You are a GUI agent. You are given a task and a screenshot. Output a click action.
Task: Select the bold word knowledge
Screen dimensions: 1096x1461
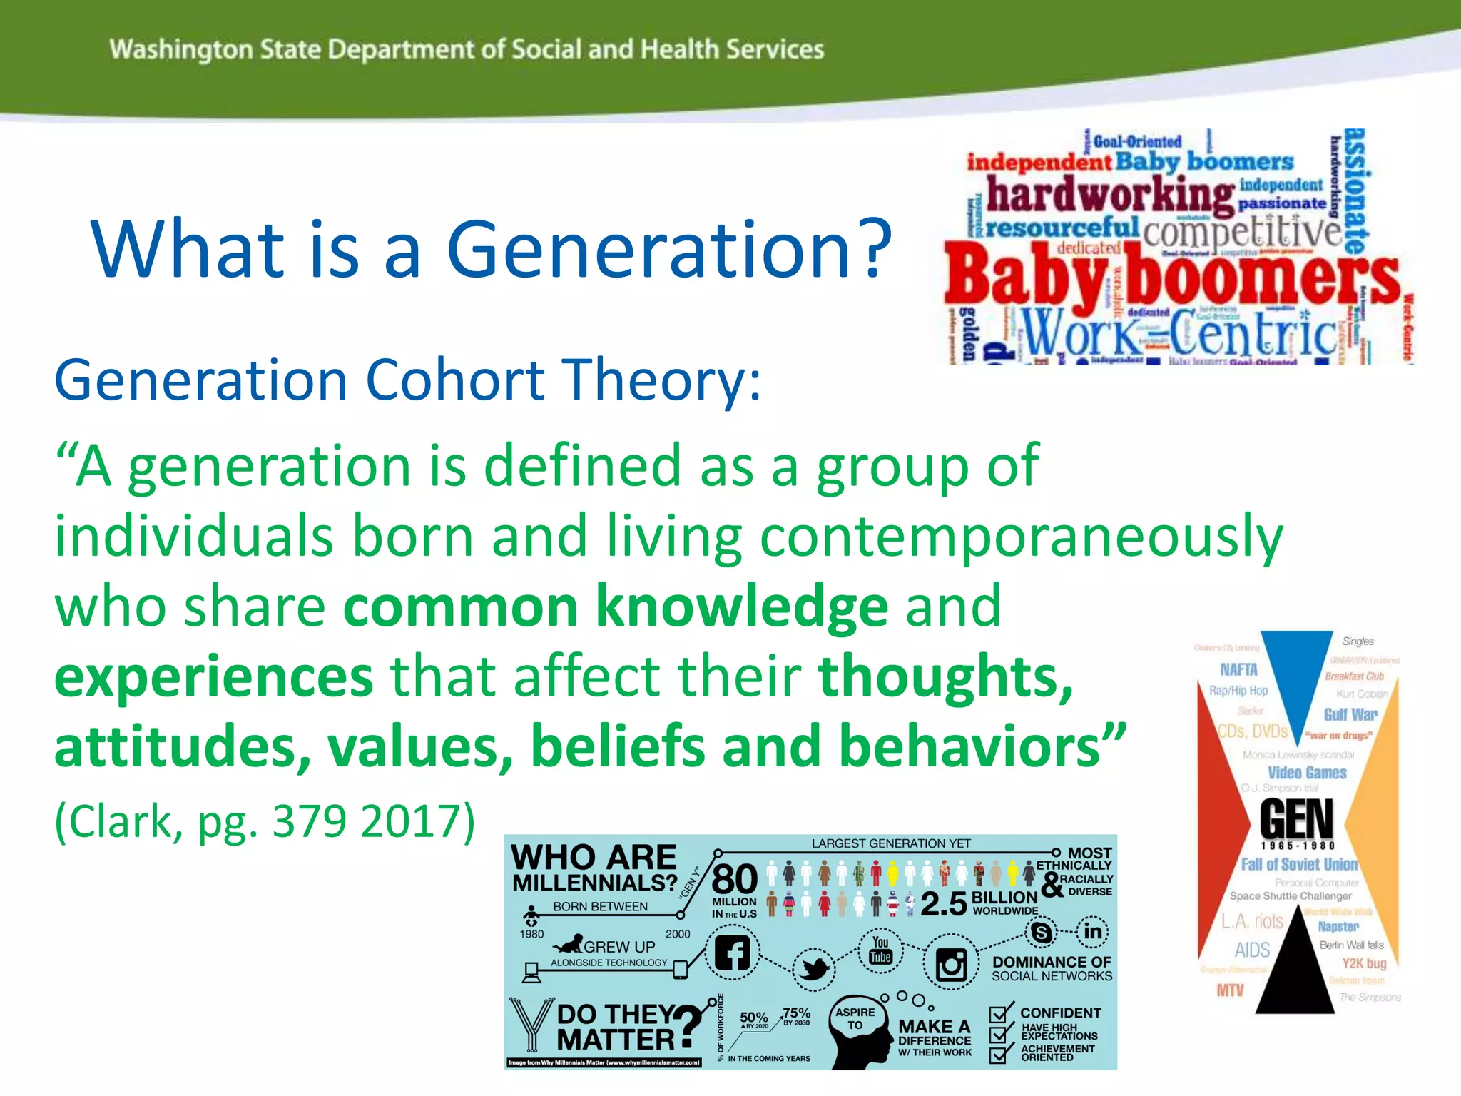click(x=742, y=607)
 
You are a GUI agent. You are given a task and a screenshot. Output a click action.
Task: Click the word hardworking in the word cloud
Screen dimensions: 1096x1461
click(x=1110, y=194)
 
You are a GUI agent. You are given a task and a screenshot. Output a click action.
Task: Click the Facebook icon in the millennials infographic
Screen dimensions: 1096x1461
click(x=733, y=953)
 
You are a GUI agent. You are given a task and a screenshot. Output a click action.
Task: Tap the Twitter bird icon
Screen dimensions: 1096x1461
click(x=813, y=969)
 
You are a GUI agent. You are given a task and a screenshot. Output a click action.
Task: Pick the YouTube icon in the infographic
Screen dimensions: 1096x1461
click(x=880, y=950)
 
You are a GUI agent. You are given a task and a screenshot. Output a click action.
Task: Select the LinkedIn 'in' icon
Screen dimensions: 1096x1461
click(x=1092, y=931)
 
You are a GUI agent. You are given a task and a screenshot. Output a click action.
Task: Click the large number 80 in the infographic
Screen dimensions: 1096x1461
click(x=734, y=879)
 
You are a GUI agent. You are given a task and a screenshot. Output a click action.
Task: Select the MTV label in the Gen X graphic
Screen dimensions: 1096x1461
click(x=1230, y=990)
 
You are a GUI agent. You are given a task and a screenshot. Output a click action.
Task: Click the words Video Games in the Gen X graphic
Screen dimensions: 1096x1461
click(x=1307, y=773)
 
